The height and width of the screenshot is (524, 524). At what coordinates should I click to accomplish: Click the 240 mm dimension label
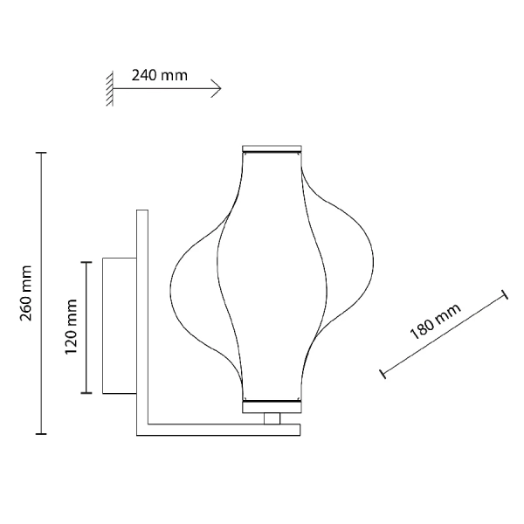(x=160, y=75)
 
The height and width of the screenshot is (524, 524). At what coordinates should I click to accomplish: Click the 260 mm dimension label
(x=25, y=293)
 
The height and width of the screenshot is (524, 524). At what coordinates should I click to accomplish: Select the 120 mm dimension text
(x=71, y=327)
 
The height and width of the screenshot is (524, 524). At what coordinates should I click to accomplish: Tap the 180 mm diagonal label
(x=435, y=321)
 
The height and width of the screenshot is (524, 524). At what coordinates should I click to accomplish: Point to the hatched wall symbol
(x=110, y=88)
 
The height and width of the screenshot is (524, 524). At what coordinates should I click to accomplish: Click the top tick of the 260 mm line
(x=41, y=153)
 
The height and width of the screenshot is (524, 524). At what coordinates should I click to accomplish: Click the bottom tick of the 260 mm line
(x=41, y=434)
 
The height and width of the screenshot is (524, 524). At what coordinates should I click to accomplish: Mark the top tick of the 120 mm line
(x=86, y=262)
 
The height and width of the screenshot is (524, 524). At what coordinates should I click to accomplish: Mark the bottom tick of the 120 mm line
(x=86, y=393)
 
